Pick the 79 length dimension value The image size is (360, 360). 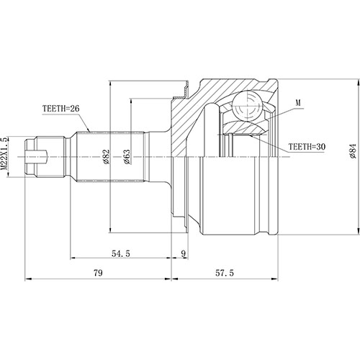tap(98, 274)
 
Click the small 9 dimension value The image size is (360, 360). tap(184, 253)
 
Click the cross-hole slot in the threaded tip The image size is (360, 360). tap(42, 156)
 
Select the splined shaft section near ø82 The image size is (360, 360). tap(115, 156)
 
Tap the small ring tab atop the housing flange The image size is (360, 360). tap(184, 91)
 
